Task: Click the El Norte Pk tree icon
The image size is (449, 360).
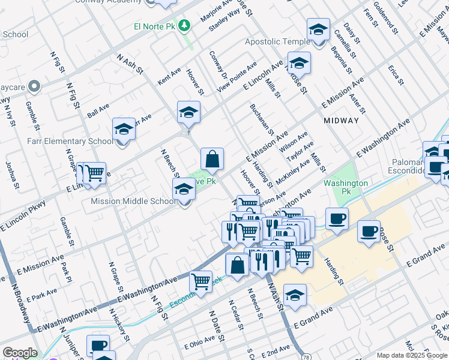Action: tap(185, 25)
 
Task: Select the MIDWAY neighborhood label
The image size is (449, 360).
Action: tap(341, 121)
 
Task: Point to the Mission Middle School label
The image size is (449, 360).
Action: tap(133, 202)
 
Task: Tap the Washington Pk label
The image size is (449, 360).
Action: tap(346, 183)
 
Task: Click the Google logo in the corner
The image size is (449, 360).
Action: tap(20, 353)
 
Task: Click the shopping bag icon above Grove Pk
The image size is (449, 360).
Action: tap(212, 160)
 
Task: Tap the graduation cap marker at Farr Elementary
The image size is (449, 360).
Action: tap(124, 129)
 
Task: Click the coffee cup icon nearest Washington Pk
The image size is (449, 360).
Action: tap(337, 219)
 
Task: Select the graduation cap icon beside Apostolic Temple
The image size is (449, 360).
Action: tap(318, 29)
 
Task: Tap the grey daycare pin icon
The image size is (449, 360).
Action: tap(34, 87)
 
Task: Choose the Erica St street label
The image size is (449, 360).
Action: tap(394, 75)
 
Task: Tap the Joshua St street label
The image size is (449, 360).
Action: tap(10, 170)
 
